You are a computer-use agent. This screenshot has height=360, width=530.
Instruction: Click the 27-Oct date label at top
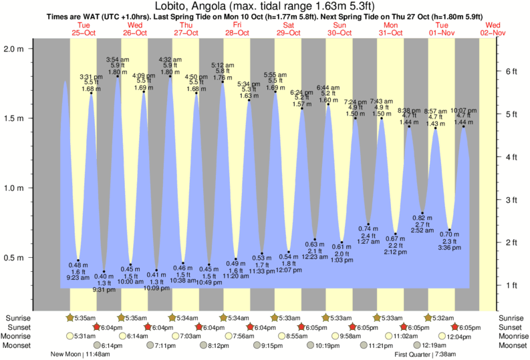(x=185, y=32)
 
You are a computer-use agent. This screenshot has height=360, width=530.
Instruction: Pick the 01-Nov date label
(x=442, y=32)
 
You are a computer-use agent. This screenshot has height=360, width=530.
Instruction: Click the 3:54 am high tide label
(x=118, y=59)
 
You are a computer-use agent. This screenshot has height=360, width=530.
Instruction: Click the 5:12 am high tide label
(x=223, y=65)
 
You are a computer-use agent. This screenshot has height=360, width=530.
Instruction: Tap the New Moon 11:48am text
(x=80, y=355)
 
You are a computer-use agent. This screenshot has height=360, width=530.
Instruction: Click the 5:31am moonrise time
(x=89, y=336)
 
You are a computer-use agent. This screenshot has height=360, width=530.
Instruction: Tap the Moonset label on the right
(x=511, y=345)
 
